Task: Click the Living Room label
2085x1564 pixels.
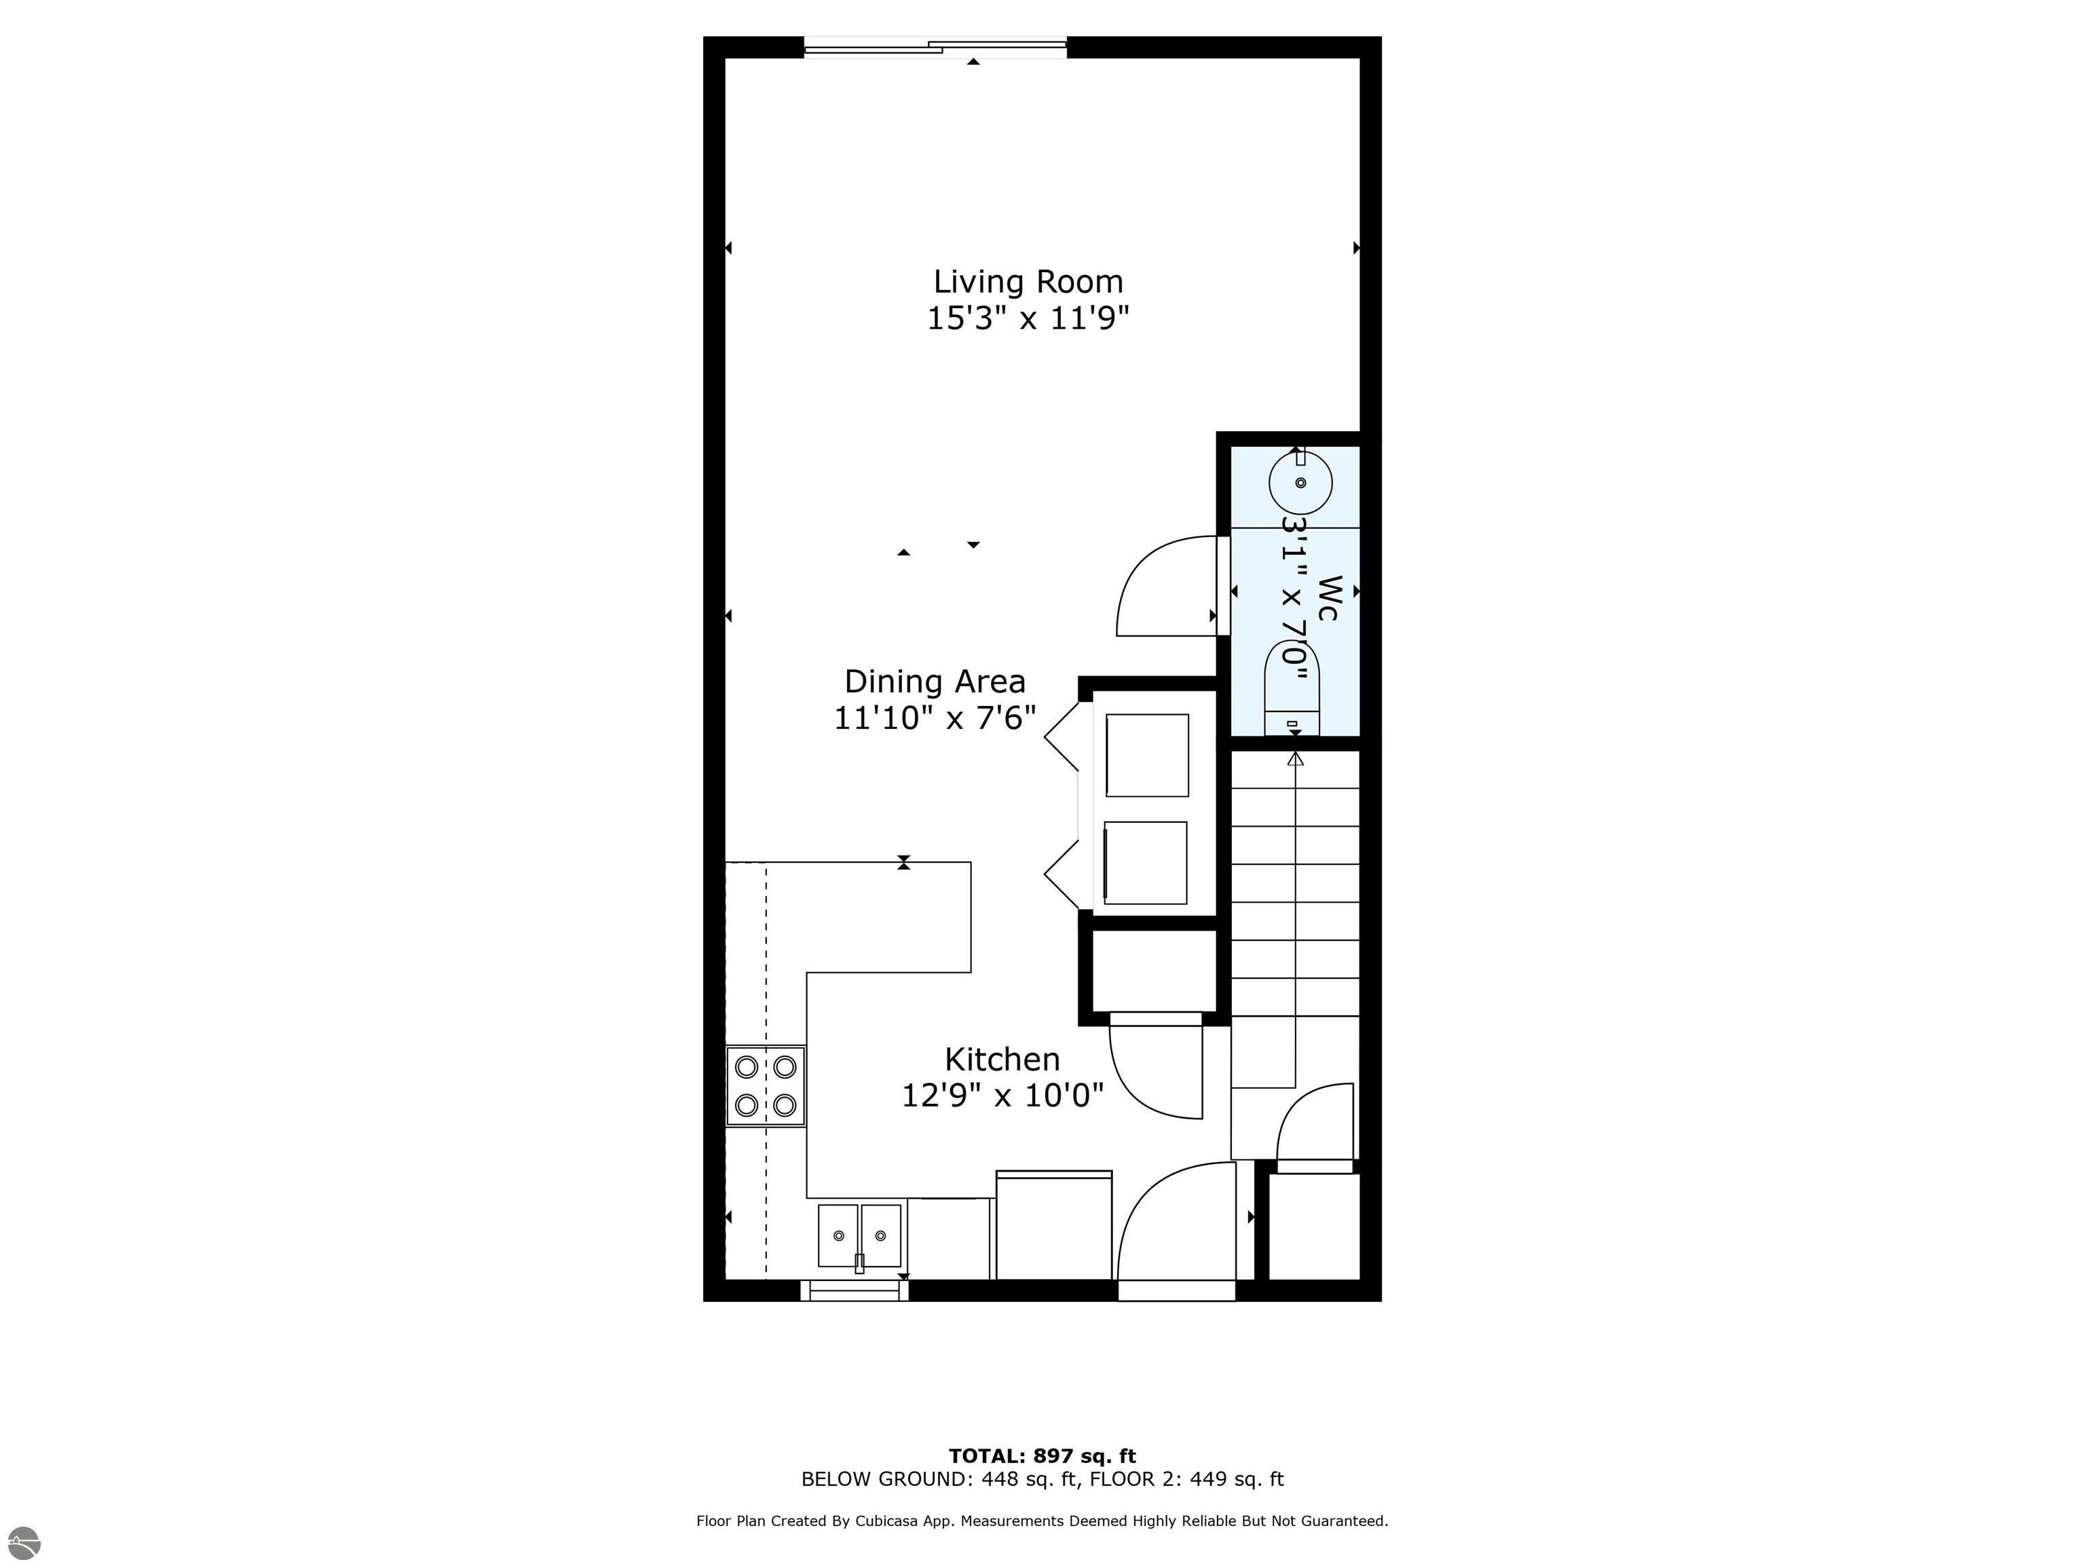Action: point(1028,282)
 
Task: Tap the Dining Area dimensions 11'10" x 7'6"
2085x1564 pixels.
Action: point(934,718)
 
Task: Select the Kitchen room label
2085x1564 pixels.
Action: point(1002,1059)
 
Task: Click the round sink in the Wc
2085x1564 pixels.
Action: point(1300,483)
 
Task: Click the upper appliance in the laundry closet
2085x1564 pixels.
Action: point(1147,755)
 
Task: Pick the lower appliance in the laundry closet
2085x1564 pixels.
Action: point(1145,863)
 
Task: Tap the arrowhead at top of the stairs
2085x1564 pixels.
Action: point(1295,759)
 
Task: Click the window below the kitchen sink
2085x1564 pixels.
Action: point(854,1290)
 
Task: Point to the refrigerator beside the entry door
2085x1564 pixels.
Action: point(1054,1225)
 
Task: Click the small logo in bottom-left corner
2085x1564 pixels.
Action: point(25,1542)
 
